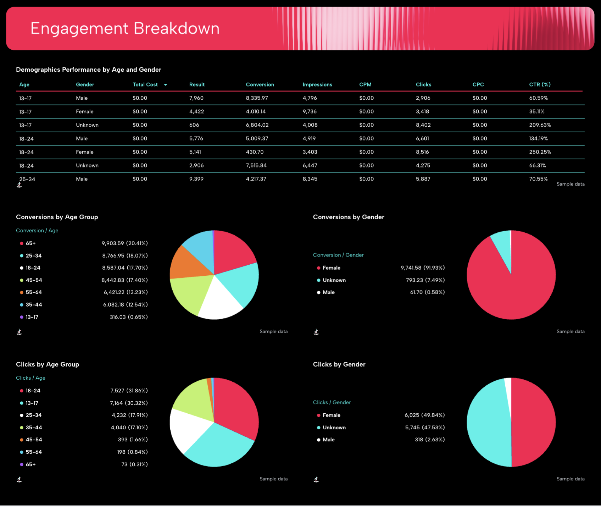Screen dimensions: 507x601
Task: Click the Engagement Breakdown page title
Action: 125,28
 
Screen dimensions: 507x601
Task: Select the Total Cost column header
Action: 145,84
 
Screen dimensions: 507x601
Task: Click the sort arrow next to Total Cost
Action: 166,85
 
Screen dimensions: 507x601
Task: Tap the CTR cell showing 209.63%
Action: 540,125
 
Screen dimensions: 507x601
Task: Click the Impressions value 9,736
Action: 310,111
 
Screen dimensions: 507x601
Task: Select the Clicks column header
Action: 423,84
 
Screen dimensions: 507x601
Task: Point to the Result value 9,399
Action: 196,179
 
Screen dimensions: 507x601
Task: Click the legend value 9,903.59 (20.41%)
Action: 124,243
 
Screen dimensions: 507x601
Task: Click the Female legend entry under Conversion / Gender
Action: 331,268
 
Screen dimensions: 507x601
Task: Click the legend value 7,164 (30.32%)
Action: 129,403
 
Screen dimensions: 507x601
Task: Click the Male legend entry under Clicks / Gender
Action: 328,440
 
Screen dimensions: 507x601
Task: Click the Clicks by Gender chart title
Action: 339,364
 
